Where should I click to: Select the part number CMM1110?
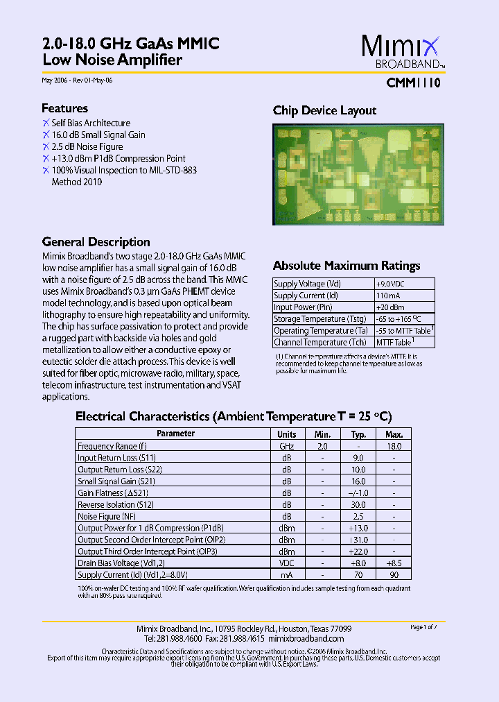(413, 83)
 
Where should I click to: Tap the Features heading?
(64, 108)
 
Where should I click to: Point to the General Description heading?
(96, 242)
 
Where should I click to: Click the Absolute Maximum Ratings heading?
(347, 266)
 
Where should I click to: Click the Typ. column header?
(358, 434)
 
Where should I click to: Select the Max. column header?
(394, 434)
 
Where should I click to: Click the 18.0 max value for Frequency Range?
(394, 446)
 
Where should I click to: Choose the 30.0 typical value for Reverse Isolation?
(358, 504)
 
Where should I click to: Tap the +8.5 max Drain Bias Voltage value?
(394, 563)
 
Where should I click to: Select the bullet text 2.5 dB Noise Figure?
(87, 146)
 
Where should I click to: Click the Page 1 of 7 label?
(424, 627)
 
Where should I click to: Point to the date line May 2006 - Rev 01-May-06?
(77, 80)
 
